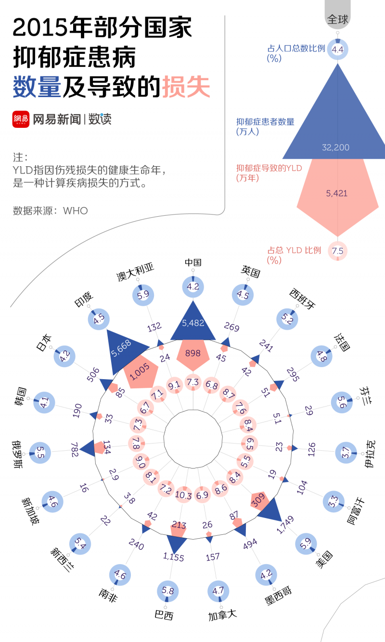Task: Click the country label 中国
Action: pos(193,262)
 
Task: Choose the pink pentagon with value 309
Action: pos(258,500)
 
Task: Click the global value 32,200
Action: pos(335,148)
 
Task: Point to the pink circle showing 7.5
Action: pos(337,250)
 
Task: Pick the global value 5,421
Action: pos(336,193)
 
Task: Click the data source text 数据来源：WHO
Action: pos(50,210)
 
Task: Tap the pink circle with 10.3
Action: pos(183,494)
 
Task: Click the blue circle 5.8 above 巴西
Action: pos(167,590)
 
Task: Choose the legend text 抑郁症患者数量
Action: pos(265,122)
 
